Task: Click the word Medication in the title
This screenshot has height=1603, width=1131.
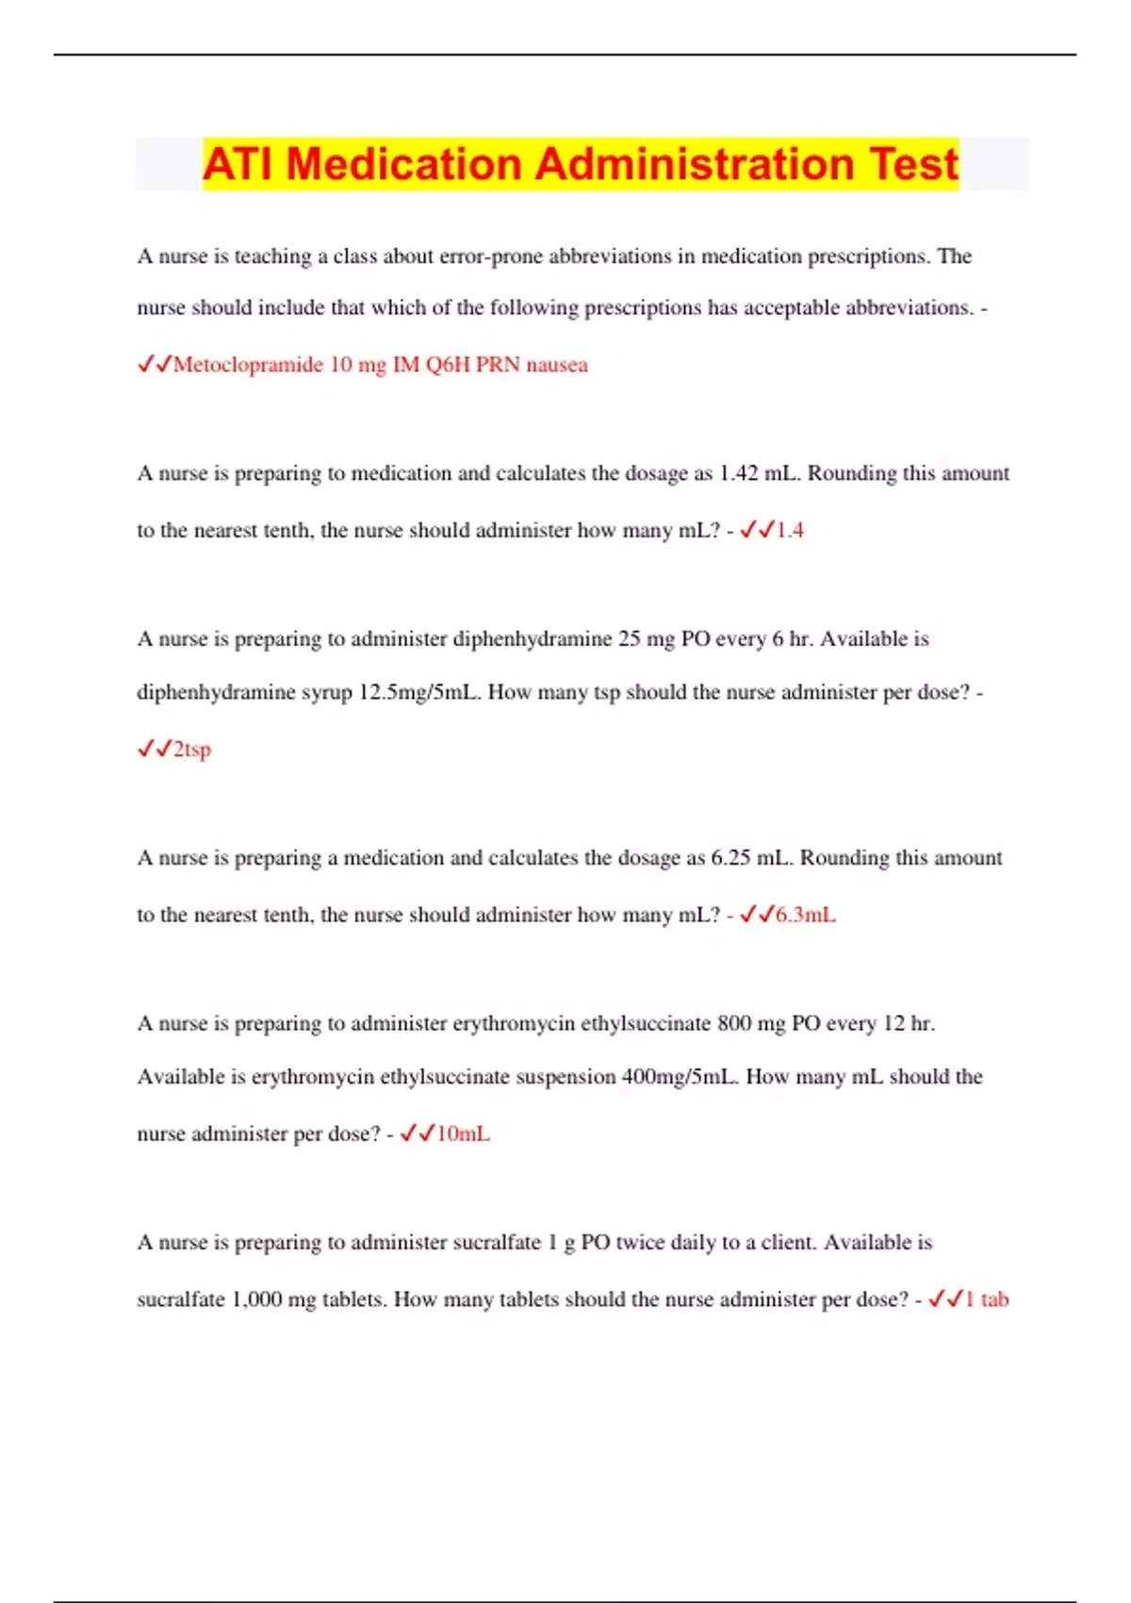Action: click(x=405, y=164)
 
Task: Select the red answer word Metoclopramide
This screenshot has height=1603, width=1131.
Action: click(x=248, y=365)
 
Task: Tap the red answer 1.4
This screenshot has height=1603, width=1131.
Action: click(x=789, y=531)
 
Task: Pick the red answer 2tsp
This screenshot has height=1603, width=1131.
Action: click(x=192, y=750)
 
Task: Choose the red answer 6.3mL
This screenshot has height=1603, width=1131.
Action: click(x=805, y=916)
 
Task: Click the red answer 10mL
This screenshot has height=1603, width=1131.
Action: click(x=462, y=1134)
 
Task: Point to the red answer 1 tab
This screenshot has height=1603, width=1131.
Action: click(x=987, y=1300)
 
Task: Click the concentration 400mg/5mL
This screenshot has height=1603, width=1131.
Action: click(x=680, y=1077)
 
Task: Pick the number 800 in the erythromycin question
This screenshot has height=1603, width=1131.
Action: click(x=734, y=1024)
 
